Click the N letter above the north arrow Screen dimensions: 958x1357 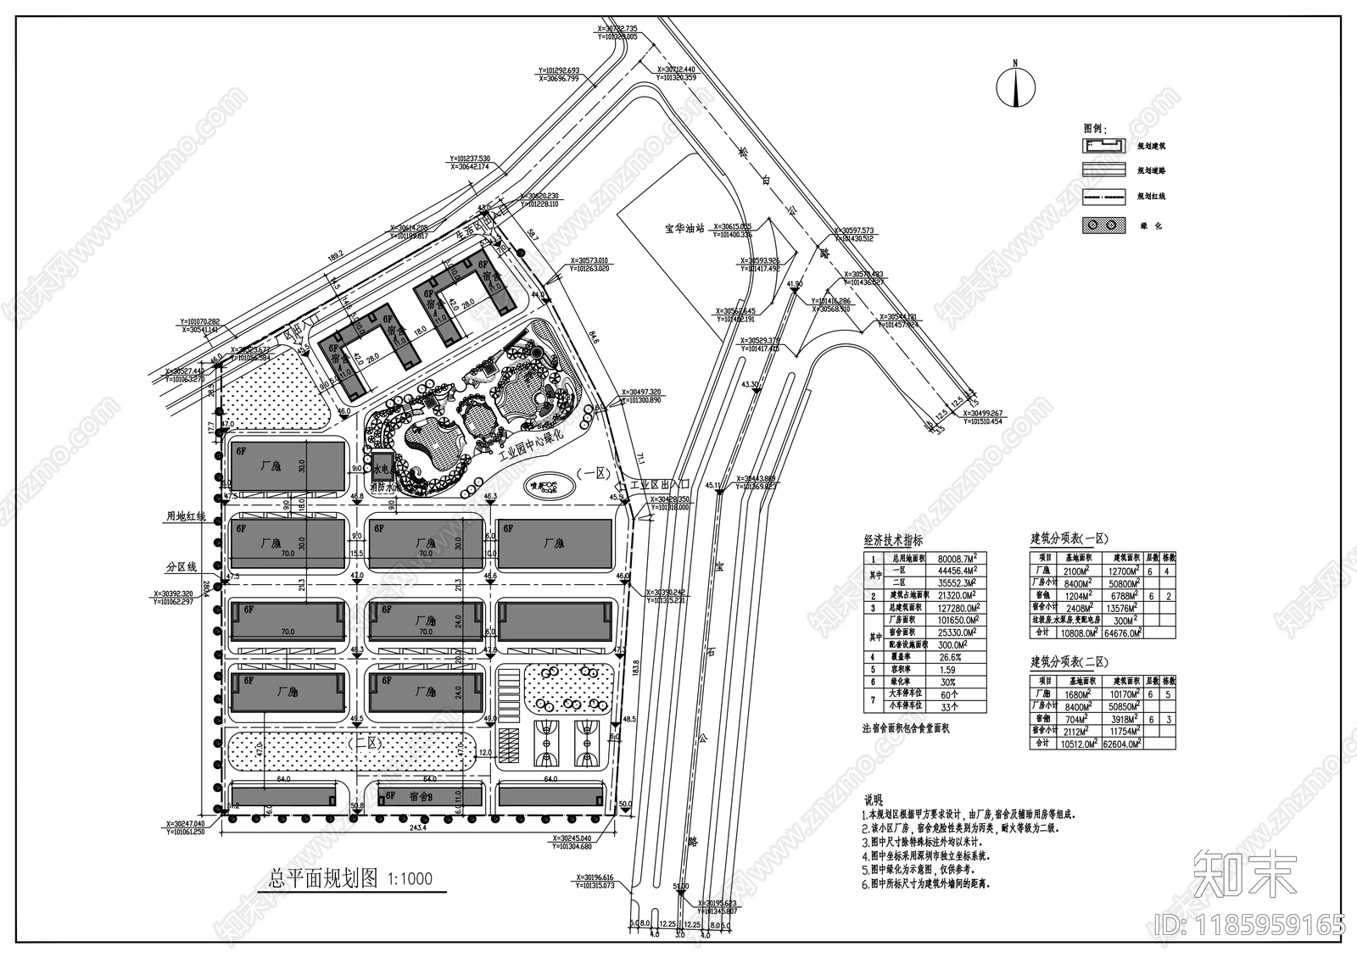point(1014,64)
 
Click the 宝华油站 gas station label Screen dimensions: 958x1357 point(686,229)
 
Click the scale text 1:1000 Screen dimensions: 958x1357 point(410,879)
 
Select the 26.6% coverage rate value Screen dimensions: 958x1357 point(950,657)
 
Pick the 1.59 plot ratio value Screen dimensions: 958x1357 point(947,670)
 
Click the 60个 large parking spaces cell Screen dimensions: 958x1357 point(949,694)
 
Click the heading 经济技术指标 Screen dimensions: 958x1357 point(893,540)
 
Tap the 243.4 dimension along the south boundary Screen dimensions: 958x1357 point(417,827)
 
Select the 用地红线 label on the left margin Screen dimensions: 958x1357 point(185,515)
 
